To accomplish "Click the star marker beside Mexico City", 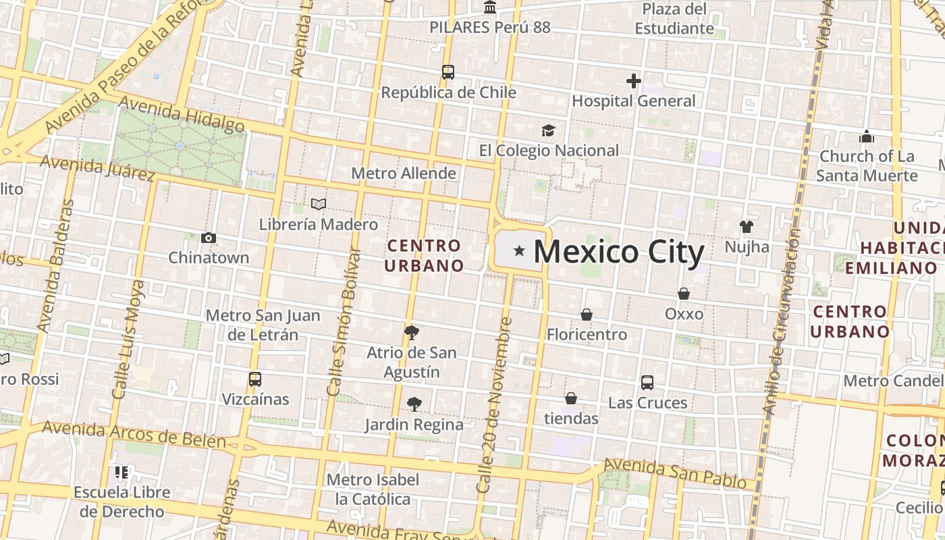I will (519, 251).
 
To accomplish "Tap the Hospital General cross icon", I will (633, 81).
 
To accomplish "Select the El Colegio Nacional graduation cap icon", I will (548, 130).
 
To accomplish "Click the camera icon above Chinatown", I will (209, 238).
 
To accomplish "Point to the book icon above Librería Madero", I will (319, 204).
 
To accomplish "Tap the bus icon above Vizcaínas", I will (254, 379).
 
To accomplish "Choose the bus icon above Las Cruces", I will (647, 383).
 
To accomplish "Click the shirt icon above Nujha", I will (746, 227).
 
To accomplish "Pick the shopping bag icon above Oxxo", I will (684, 294).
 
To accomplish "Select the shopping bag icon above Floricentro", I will (586, 315).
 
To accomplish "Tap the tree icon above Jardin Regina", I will (414, 404).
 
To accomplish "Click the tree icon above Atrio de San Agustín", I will (411, 332).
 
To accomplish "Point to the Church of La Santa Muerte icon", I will (867, 137).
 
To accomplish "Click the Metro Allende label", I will (404, 173).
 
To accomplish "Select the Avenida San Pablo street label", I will (674, 474).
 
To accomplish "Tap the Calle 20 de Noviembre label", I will (495, 405).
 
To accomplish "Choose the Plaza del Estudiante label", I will (674, 19).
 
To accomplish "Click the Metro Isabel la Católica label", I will (373, 489).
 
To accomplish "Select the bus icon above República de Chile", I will (448, 72).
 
